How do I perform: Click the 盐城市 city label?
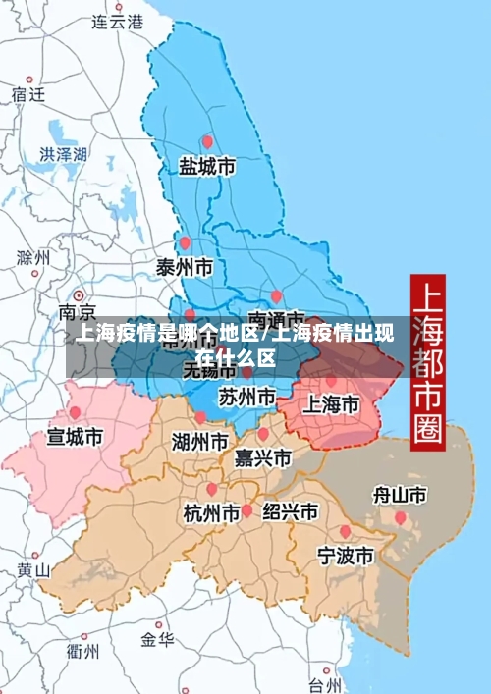coord(206,167)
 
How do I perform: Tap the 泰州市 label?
coord(185,266)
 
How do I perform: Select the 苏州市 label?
coord(246,398)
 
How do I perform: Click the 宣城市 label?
coord(75,436)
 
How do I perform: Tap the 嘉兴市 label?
coord(262,457)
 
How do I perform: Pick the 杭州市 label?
coord(212,512)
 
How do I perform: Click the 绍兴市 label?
coord(289,511)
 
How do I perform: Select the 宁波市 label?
coord(345,556)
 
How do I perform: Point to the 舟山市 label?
coord(400,494)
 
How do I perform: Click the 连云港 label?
coord(117,21)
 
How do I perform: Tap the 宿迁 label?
coord(28,94)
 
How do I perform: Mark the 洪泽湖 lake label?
coord(63,154)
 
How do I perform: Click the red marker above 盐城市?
coord(206,141)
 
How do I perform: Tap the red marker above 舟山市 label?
coord(400,516)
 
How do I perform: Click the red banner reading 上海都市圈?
coord(427,360)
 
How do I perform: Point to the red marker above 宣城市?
coord(75,413)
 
